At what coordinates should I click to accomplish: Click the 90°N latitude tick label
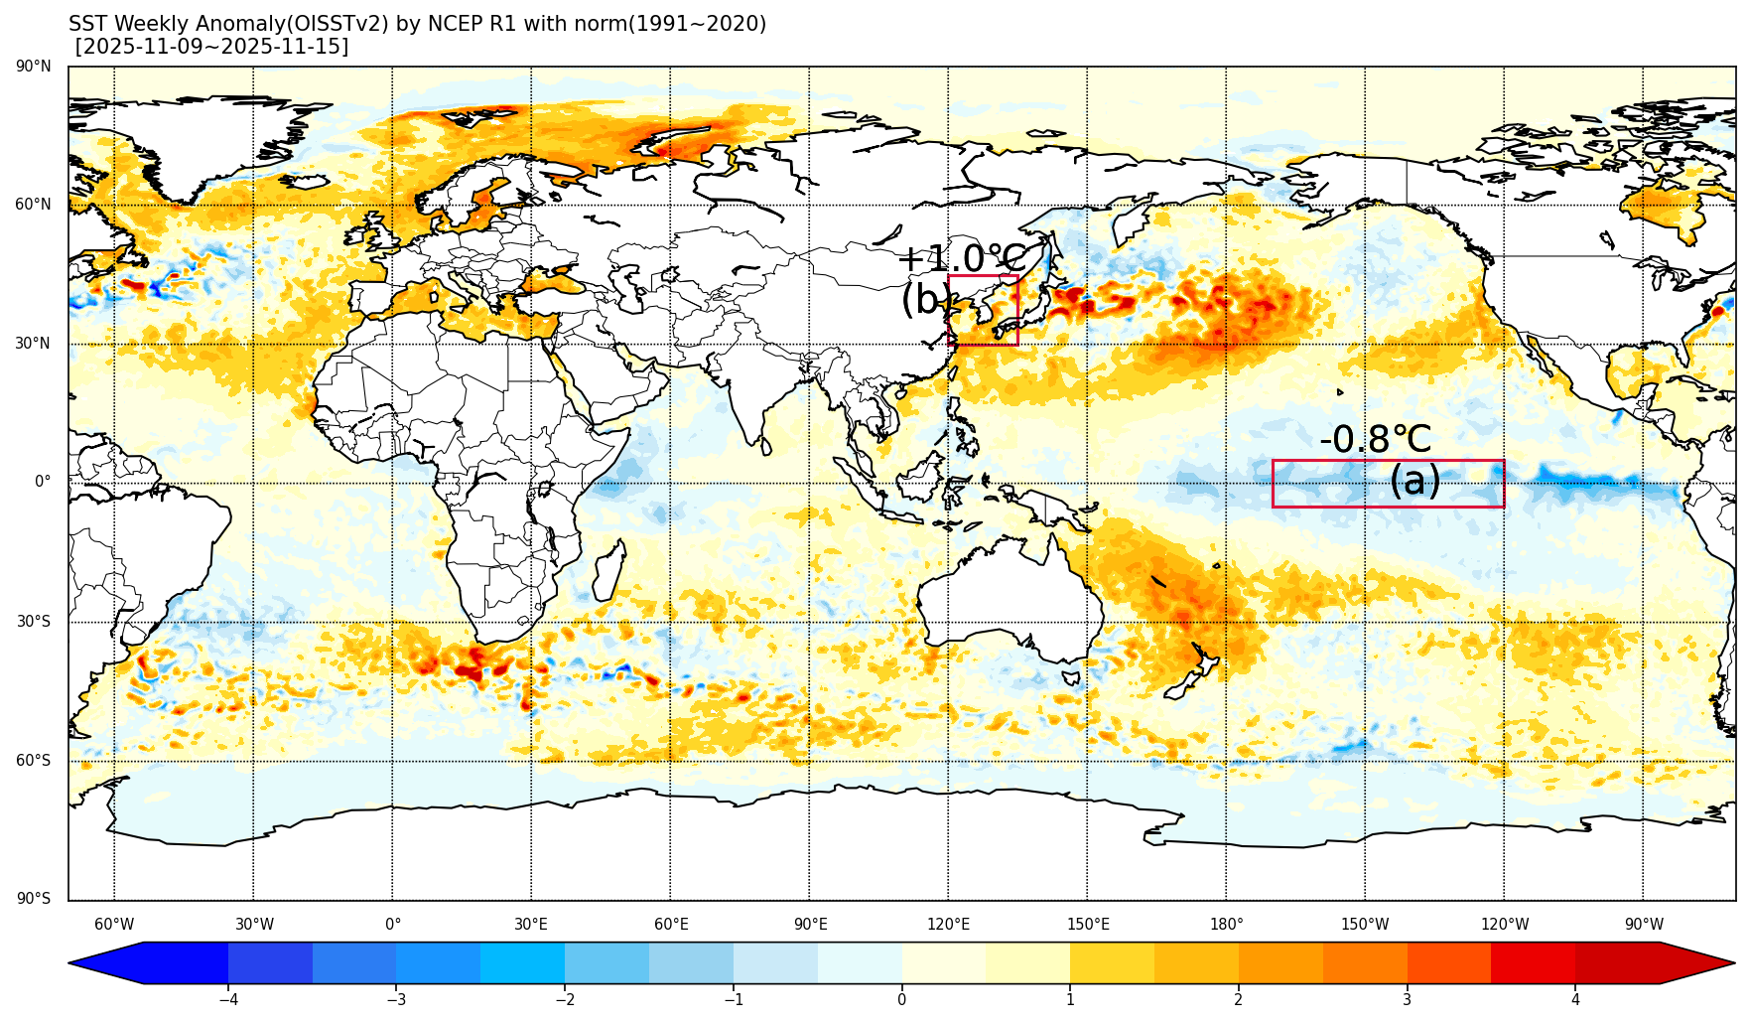(x=34, y=67)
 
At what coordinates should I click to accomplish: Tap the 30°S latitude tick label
(x=34, y=622)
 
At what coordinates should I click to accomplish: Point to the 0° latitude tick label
(x=43, y=482)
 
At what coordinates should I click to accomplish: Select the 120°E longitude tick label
(x=948, y=925)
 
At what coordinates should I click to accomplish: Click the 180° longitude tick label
(x=1226, y=925)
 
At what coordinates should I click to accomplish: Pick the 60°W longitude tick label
(x=114, y=925)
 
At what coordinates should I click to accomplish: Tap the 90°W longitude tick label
(x=1644, y=925)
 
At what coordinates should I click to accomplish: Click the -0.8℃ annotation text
(x=1375, y=439)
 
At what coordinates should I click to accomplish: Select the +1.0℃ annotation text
(x=961, y=258)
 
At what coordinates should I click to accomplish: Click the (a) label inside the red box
(x=1414, y=481)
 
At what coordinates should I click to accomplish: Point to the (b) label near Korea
(x=924, y=299)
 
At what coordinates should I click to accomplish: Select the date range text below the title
(x=212, y=47)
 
